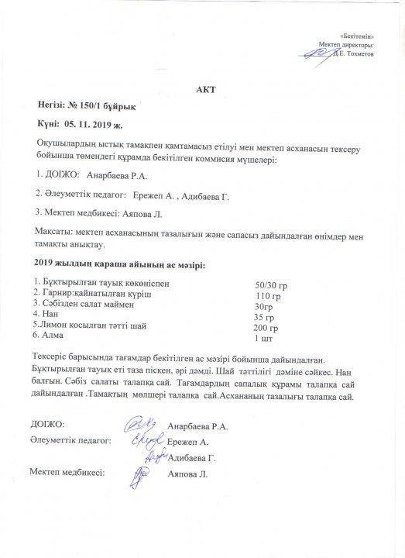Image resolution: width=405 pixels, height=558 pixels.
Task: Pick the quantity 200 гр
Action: coord(266,329)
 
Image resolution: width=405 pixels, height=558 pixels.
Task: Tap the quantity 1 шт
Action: coord(264,339)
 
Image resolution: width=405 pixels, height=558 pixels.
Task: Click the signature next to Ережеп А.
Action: coord(141,440)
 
